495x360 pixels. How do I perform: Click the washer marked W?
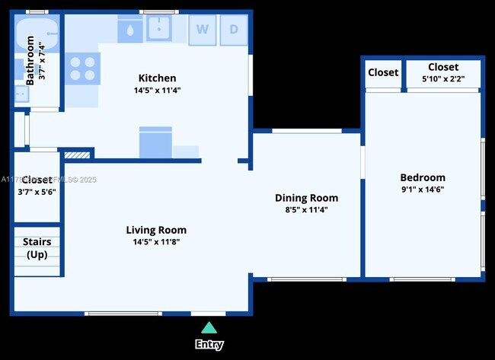click(203, 30)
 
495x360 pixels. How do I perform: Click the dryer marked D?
click(233, 30)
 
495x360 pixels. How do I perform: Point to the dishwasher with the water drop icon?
click(130, 30)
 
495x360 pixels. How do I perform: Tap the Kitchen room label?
click(157, 78)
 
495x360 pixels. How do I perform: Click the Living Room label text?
click(156, 230)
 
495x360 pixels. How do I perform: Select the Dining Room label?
click(307, 198)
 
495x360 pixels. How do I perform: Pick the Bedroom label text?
click(423, 177)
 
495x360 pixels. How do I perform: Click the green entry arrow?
click(209, 328)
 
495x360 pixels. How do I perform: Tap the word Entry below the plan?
click(209, 344)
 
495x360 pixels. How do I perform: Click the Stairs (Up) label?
click(37, 248)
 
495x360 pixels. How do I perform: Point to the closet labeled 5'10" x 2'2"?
click(442, 73)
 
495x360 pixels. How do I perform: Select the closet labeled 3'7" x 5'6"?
click(37, 186)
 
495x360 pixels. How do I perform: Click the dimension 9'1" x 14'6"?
click(423, 190)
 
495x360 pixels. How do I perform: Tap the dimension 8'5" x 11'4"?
click(307, 209)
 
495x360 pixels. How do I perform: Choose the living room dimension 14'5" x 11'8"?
click(156, 242)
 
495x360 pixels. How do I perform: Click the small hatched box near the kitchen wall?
click(77, 155)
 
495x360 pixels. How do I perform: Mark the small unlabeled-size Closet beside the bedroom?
click(383, 73)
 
